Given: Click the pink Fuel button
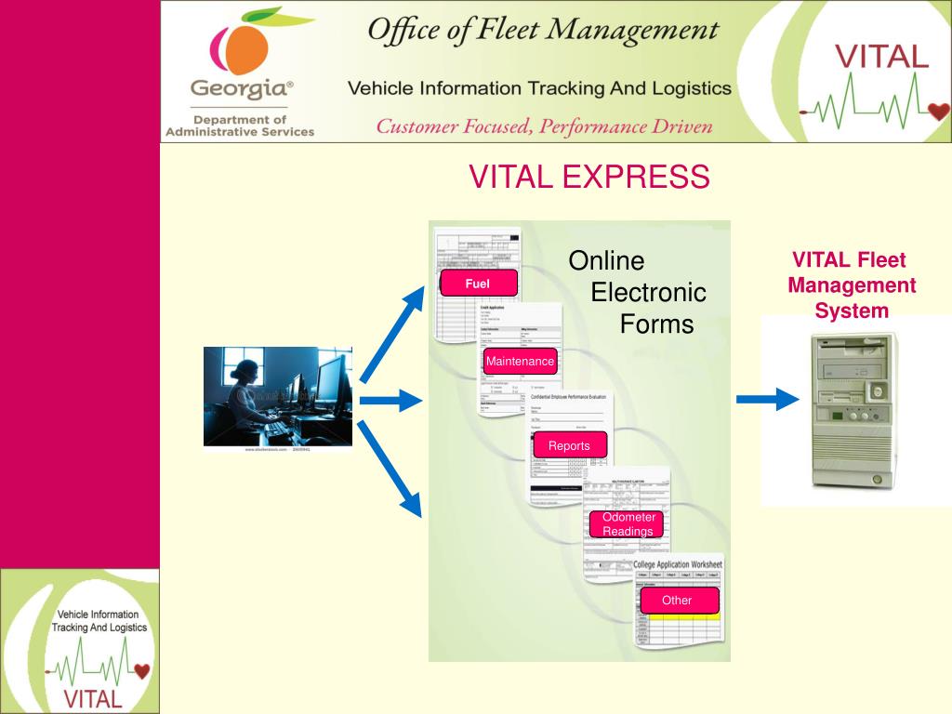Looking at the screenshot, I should coord(478,283).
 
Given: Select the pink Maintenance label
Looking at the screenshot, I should coord(520,361).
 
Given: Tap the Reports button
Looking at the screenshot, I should coord(569,445).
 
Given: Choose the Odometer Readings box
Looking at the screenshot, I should coord(628,524).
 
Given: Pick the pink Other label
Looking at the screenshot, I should coord(677,601).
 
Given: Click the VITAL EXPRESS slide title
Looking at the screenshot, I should coord(588,177).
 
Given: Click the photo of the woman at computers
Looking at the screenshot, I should coord(278,396).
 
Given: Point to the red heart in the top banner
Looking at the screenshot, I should coord(938,112).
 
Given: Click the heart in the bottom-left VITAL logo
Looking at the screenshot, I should coord(141,669).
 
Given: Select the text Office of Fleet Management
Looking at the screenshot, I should coord(543,31).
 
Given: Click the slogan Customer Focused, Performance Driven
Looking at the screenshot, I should coord(544,126).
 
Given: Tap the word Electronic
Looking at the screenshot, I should coord(648,293).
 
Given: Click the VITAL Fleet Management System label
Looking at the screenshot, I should coord(851,285).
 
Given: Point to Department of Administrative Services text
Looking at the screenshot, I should coord(240,126).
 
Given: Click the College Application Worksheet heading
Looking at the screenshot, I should coord(677,564).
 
